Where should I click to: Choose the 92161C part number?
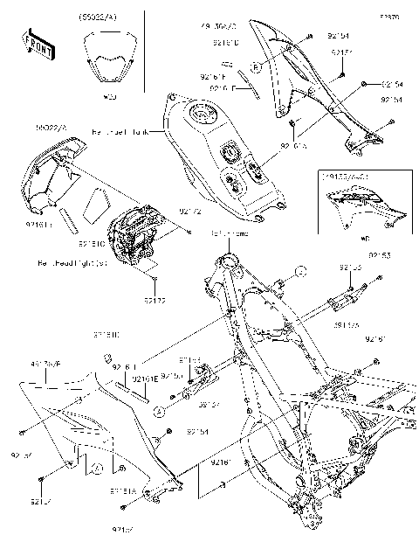click(x=93, y=244)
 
